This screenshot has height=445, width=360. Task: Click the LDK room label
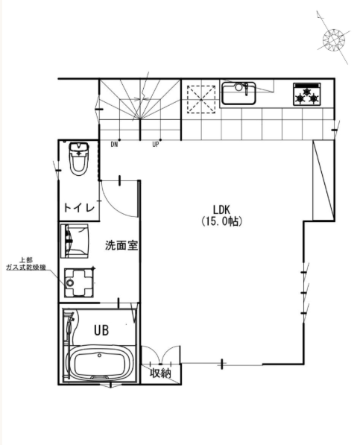pos(221,209)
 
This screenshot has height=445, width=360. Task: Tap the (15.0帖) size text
pos(222,221)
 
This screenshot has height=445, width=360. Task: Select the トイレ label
pos(79,208)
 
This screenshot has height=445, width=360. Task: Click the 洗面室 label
pos(121,245)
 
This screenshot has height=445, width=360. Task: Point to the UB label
pos(101,330)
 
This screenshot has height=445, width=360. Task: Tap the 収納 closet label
pos(160,373)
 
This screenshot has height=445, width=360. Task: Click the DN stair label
pos(114,145)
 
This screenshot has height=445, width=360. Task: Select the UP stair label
pos(156,145)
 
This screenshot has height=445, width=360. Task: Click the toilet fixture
pos(79,159)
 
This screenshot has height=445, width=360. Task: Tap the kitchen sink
pos(239,93)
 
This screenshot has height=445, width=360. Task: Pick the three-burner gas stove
pos(307,95)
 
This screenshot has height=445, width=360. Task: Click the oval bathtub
pos(99,363)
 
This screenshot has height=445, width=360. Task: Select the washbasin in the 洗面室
pos(75,241)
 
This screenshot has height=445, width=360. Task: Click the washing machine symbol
pos(79,283)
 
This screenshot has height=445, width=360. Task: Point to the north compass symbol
pos(333,40)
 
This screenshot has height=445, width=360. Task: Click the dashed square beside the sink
pos(201,99)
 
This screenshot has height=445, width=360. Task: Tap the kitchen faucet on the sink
pos(244,89)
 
